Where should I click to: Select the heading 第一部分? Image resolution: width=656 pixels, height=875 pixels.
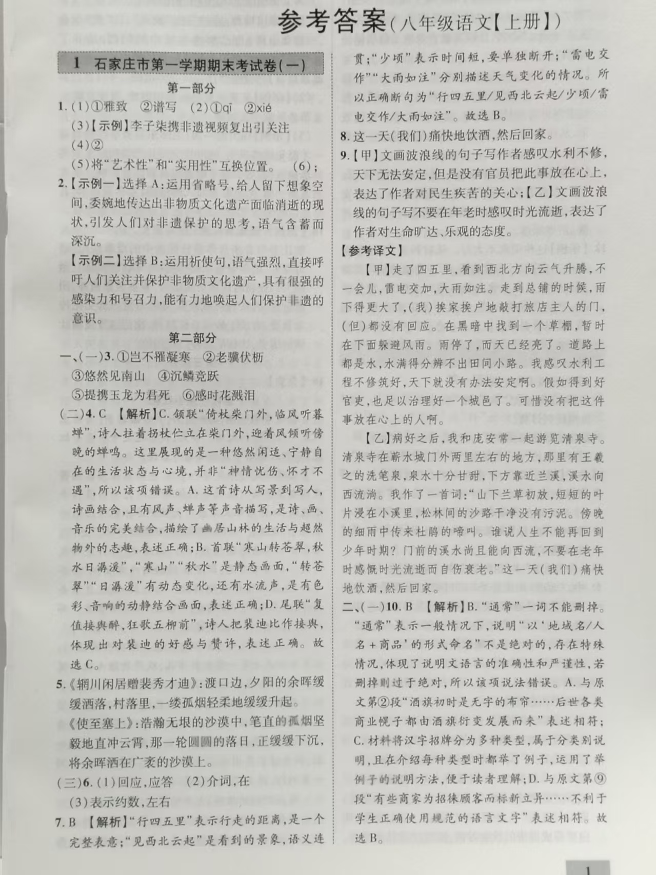(x=191, y=88)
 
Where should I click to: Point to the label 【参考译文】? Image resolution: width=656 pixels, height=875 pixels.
(x=369, y=251)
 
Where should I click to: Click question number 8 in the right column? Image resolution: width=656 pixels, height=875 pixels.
(x=345, y=136)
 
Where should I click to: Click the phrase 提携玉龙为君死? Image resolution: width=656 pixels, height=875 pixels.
(x=121, y=395)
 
